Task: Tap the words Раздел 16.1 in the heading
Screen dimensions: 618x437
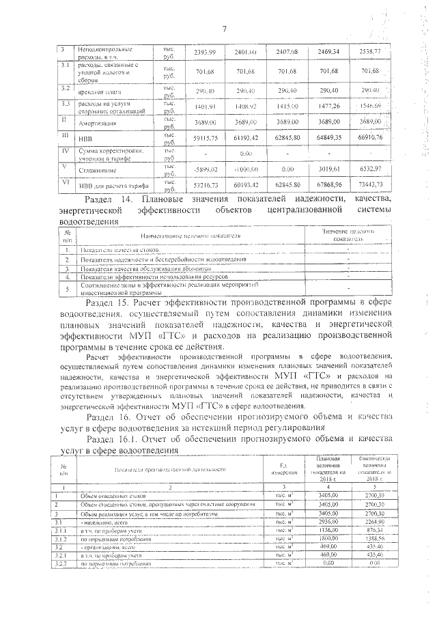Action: [116, 438]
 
